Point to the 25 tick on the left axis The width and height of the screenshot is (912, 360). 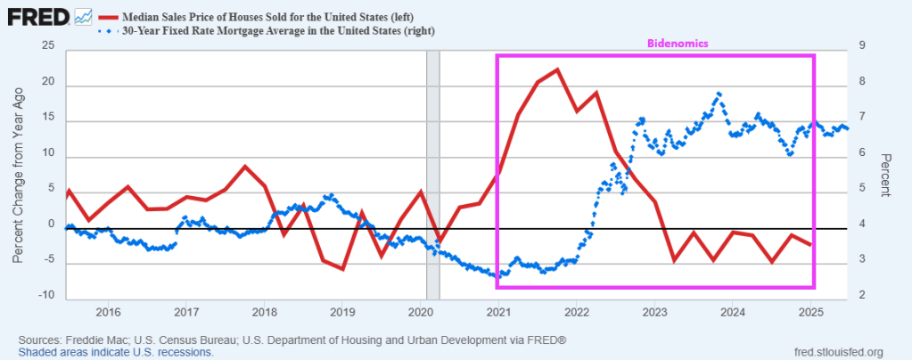pos(47,46)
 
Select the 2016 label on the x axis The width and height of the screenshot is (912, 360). pos(108,312)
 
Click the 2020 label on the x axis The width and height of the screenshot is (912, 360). pos(420,312)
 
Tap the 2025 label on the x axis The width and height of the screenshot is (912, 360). pos(810,312)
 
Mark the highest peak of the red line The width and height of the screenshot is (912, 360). pos(558,70)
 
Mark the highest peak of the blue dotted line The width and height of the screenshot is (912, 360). pos(719,94)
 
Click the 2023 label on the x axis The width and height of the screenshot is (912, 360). pos(654,312)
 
